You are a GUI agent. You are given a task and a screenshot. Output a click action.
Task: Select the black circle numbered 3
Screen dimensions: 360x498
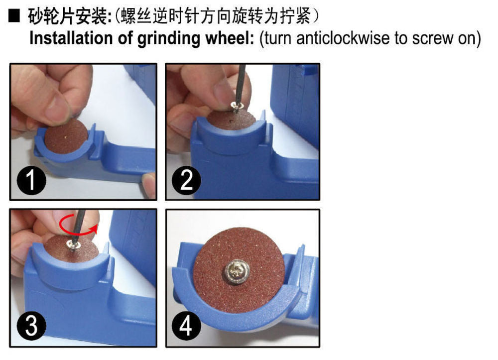coord(31,327)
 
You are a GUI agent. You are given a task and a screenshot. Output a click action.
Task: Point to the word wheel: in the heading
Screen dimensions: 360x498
coord(229,39)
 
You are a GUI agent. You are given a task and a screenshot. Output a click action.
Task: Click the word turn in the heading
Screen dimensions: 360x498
coord(278,39)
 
